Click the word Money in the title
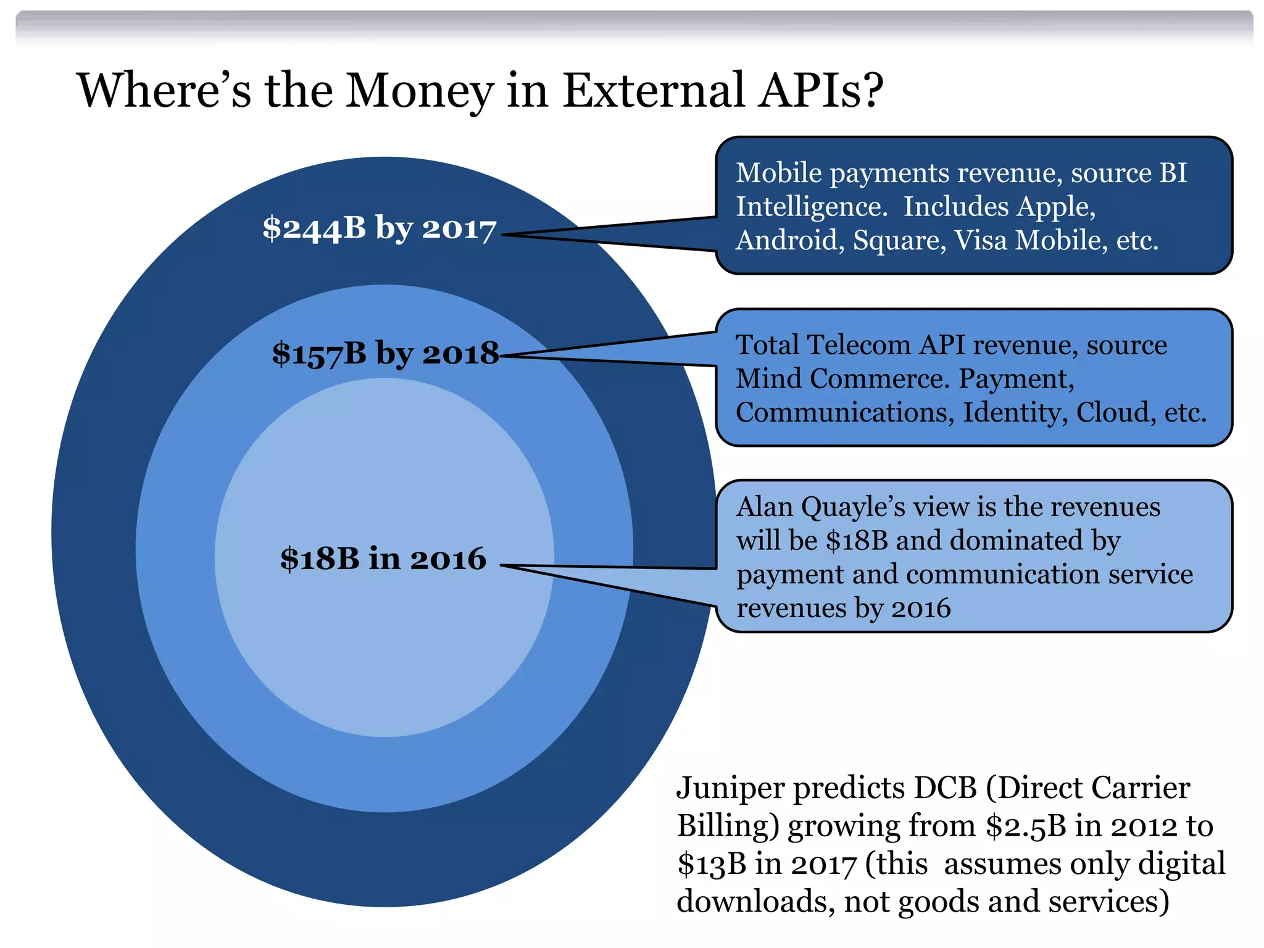(419, 91)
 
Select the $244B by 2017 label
(379, 228)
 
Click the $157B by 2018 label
(385, 354)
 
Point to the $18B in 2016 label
(383, 559)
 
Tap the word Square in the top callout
(898, 240)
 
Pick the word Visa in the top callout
(982, 240)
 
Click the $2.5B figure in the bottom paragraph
(1026, 826)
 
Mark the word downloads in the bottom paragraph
(755, 902)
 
